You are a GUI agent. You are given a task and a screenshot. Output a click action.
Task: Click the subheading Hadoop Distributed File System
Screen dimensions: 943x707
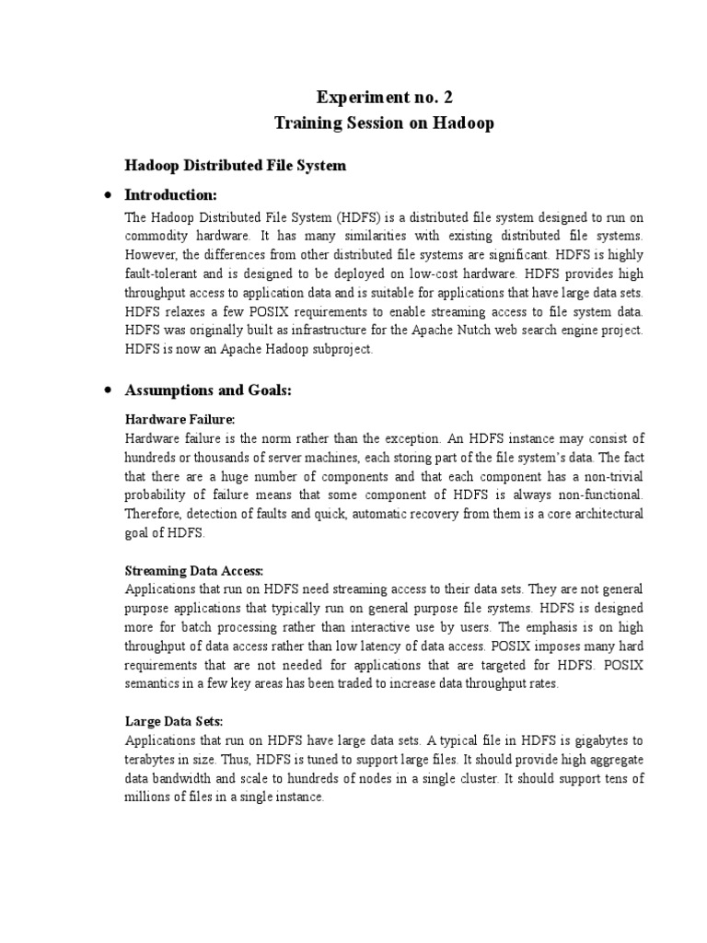coord(236,166)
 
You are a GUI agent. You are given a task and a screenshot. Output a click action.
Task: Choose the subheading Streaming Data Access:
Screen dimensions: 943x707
coord(194,571)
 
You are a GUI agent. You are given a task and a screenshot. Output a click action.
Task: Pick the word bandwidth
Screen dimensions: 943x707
coord(185,779)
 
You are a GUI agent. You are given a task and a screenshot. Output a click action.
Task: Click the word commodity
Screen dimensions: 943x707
coord(156,237)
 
